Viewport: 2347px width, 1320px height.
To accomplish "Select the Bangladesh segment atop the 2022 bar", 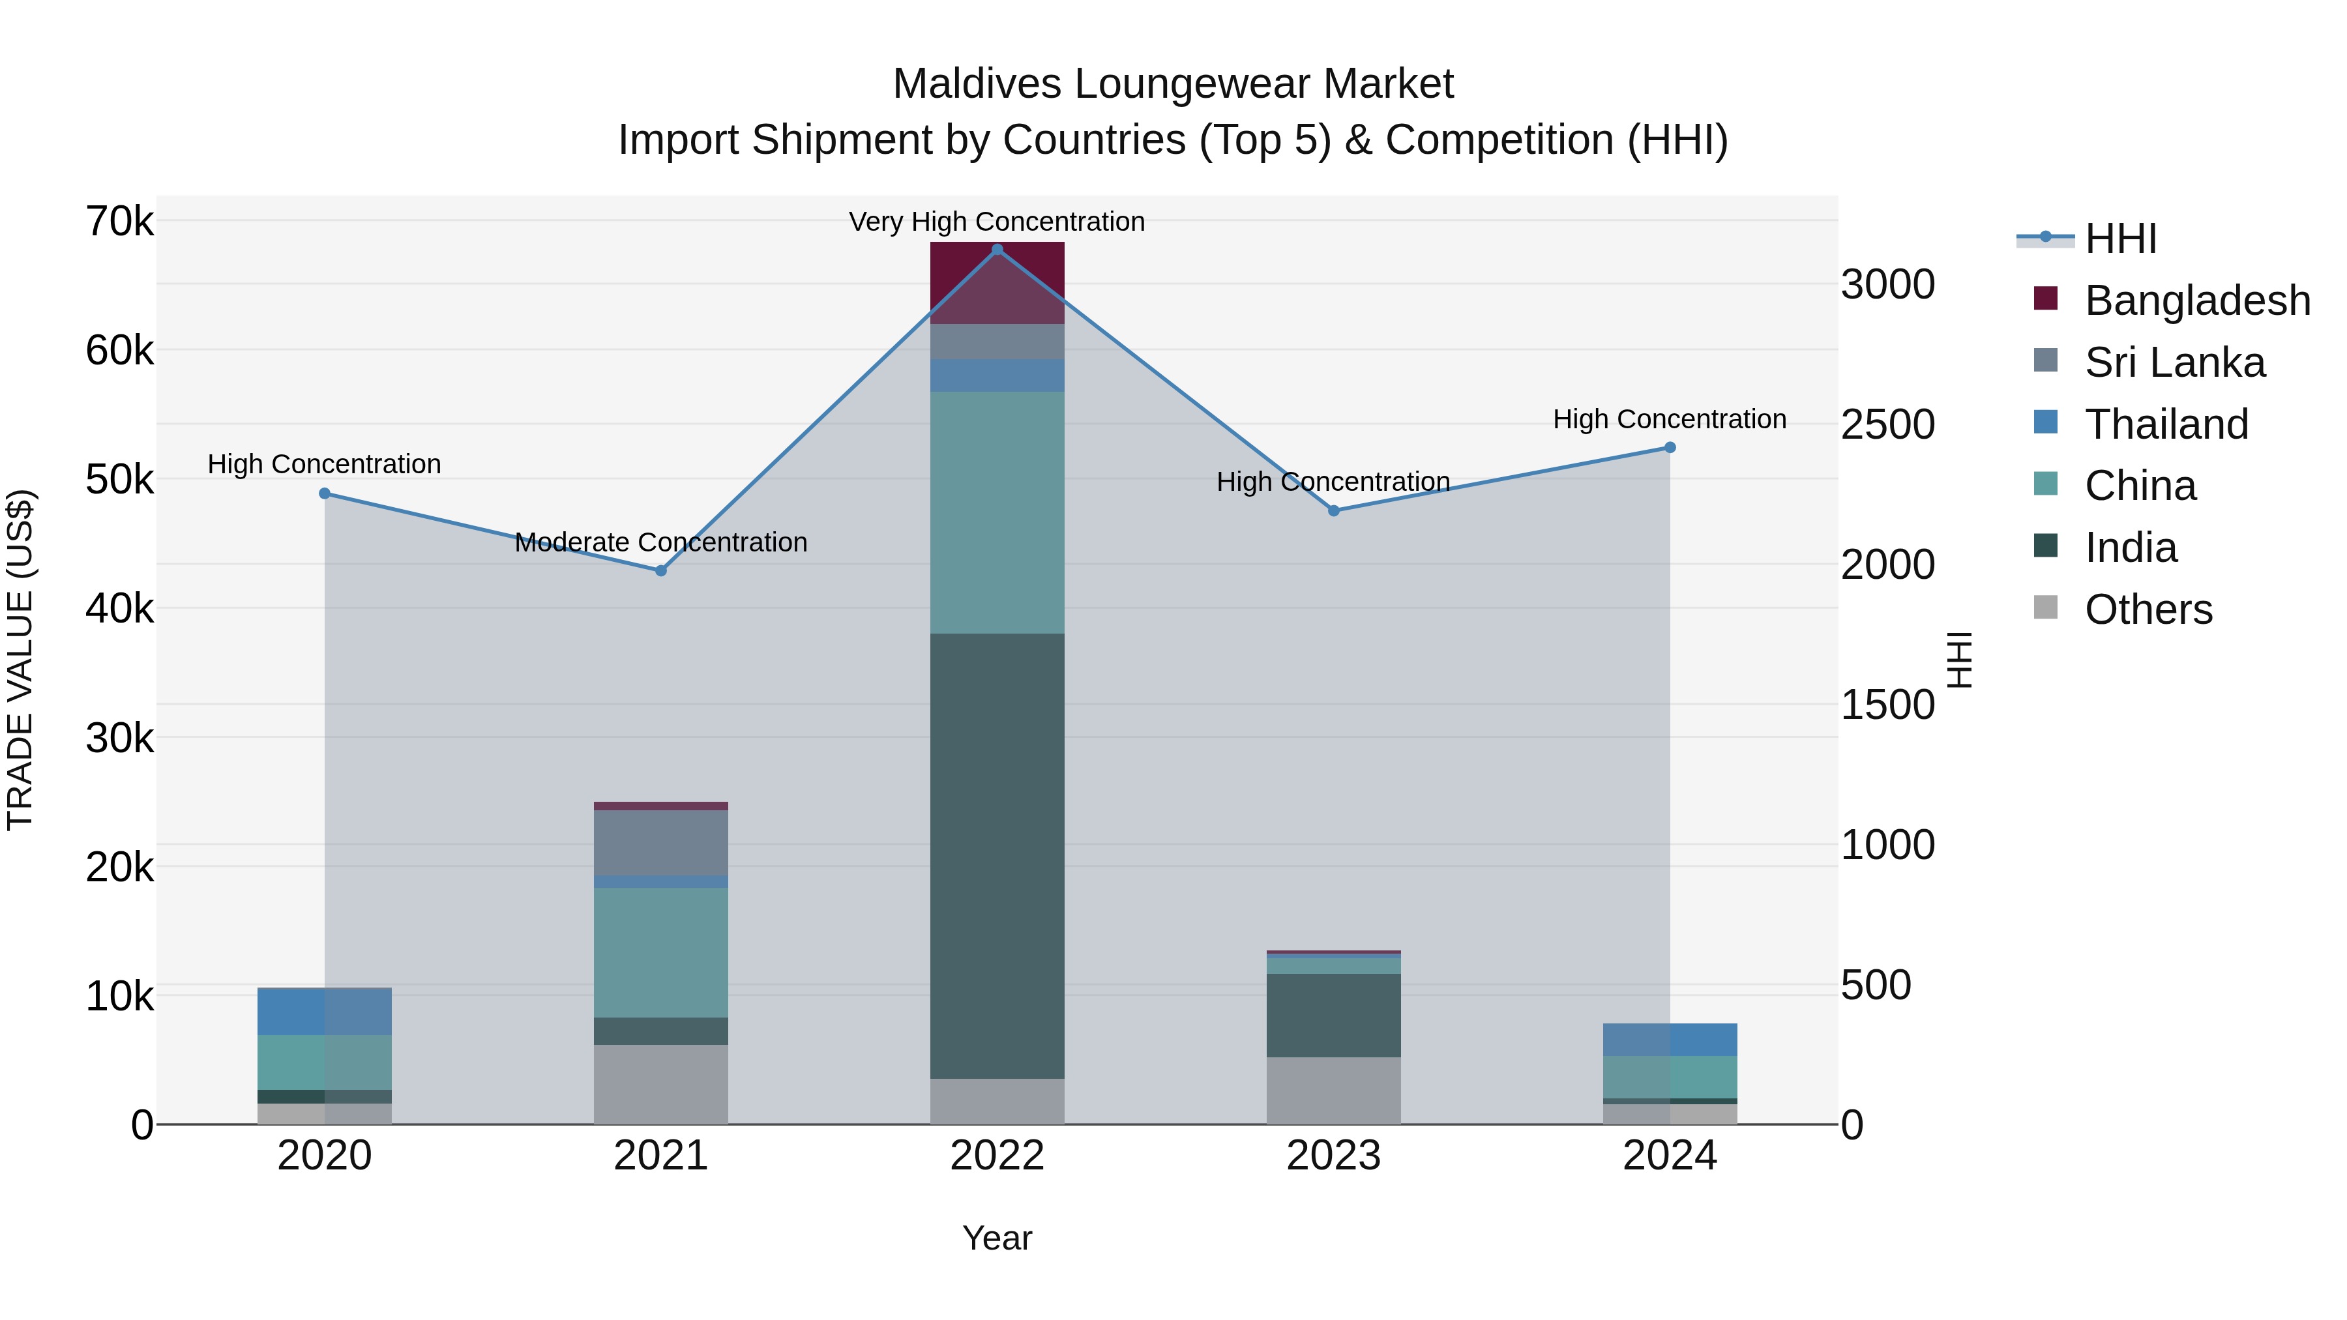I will [x=997, y=282].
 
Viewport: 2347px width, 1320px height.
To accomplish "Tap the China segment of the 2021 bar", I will [x=660, y=952].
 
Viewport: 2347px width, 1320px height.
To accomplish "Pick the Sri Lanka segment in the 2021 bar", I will [x=660, y=843].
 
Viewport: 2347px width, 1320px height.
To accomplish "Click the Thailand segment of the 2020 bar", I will [x=325, y=1011].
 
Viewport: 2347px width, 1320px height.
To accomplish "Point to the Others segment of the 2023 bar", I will [x=1333, y=1091].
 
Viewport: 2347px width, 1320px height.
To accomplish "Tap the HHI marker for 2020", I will [x=325, y=493].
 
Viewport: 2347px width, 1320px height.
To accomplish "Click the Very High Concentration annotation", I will [x=997, y=222].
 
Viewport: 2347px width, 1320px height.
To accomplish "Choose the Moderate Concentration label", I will [x=660, y=543].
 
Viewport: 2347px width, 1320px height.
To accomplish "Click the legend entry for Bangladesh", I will [x=2196, y=301].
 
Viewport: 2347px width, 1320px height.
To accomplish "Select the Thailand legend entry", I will [x=2166, y=424].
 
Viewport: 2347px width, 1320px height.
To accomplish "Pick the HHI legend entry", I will [x=2119, y=239].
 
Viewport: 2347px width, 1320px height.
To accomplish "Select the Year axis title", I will [x=997, y=1238].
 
